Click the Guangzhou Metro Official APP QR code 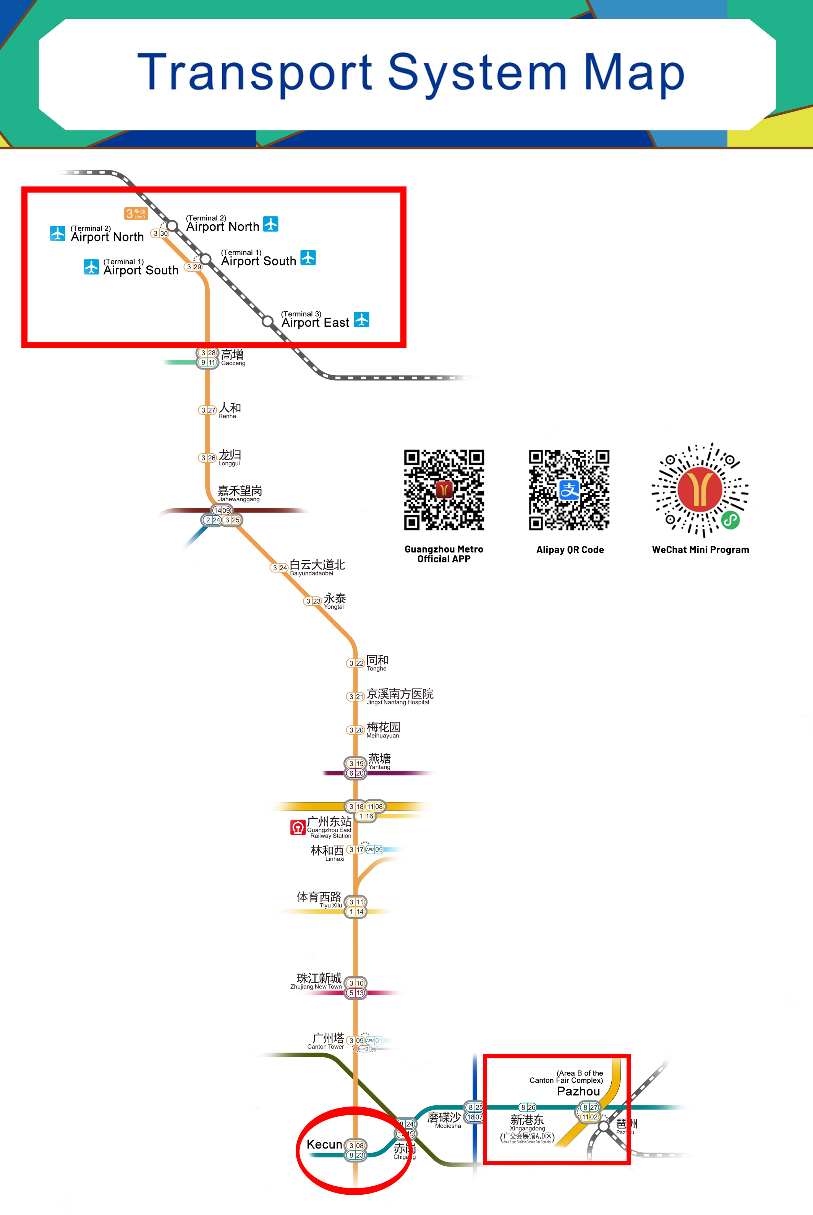[x=444, y=489]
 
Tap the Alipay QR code [x=569, y=489]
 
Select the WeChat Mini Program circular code [x=700, y=489]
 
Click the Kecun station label [x=324, y=1144]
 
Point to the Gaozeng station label [x=233, y=357]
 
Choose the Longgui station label [x=229, y=457]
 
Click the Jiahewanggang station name [x=240, y=493]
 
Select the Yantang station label [x=379, y=761]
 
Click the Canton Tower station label [x=327, y=1040]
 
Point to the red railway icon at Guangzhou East [x=298, y=827]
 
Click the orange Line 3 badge [x=136, y=213]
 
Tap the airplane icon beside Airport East [x=361, y=319]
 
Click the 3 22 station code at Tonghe [x=355, y=663]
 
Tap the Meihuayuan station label [x=383, y=729]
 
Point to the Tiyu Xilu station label [x=319, y=899]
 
